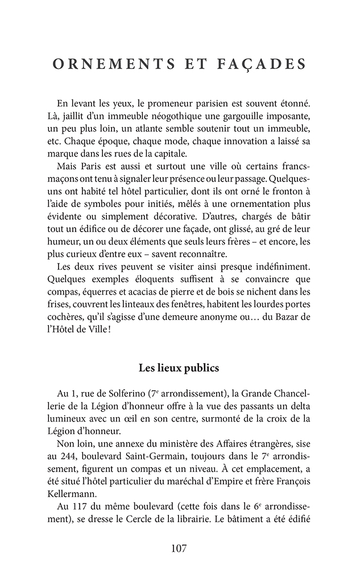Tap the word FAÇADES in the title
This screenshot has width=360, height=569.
261,64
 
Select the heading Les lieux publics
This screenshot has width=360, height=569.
179,368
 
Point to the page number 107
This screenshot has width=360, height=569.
179,549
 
